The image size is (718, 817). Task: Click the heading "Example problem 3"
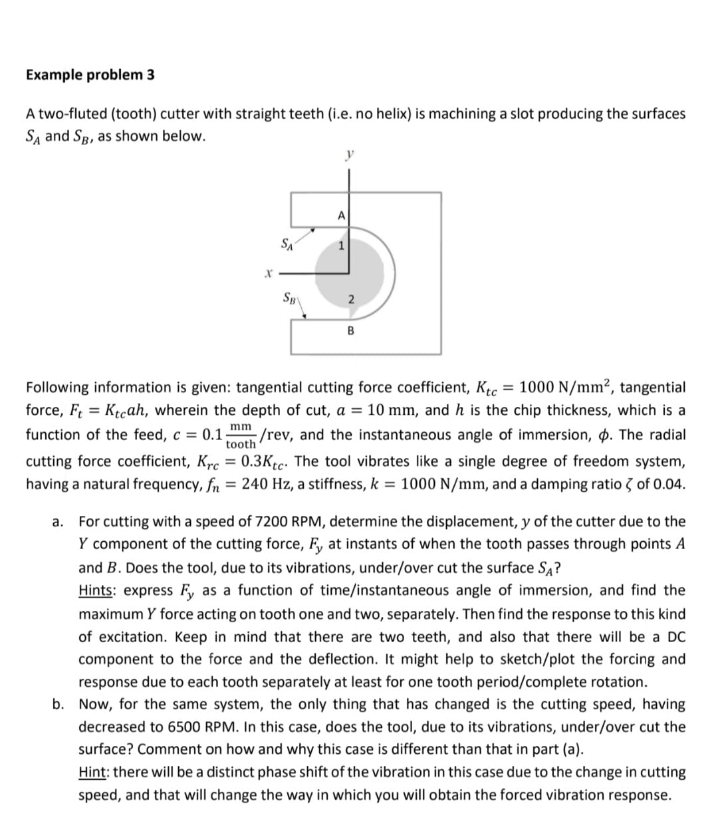pos(90,74)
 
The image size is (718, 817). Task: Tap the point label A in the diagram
pos(341,215)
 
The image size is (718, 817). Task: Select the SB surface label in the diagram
pos(290,296)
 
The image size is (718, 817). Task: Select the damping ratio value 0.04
pos(668,484)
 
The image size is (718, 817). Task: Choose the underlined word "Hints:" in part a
pos(98,590)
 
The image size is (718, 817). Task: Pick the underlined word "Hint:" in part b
pos(96,772)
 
